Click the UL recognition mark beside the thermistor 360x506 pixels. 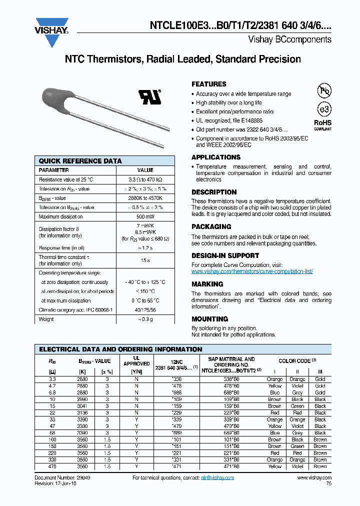point(150,96)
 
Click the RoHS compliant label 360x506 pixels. point(323,125)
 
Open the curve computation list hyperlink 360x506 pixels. point(252,271)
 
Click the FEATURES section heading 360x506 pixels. point(209,84)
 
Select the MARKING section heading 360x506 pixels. point(207,284)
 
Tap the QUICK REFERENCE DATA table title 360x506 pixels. point(80,161)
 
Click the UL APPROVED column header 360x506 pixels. point(136,361)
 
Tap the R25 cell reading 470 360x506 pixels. point(52,466)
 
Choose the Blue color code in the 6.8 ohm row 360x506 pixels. point(274,393)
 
